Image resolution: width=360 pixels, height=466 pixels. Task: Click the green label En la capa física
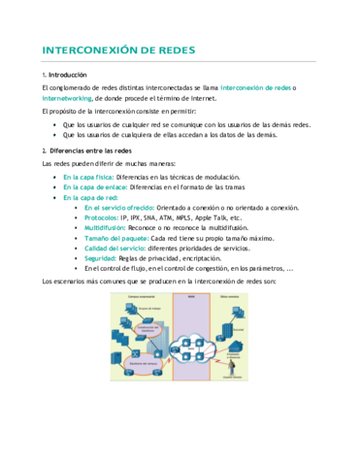(x=88, y=178)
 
